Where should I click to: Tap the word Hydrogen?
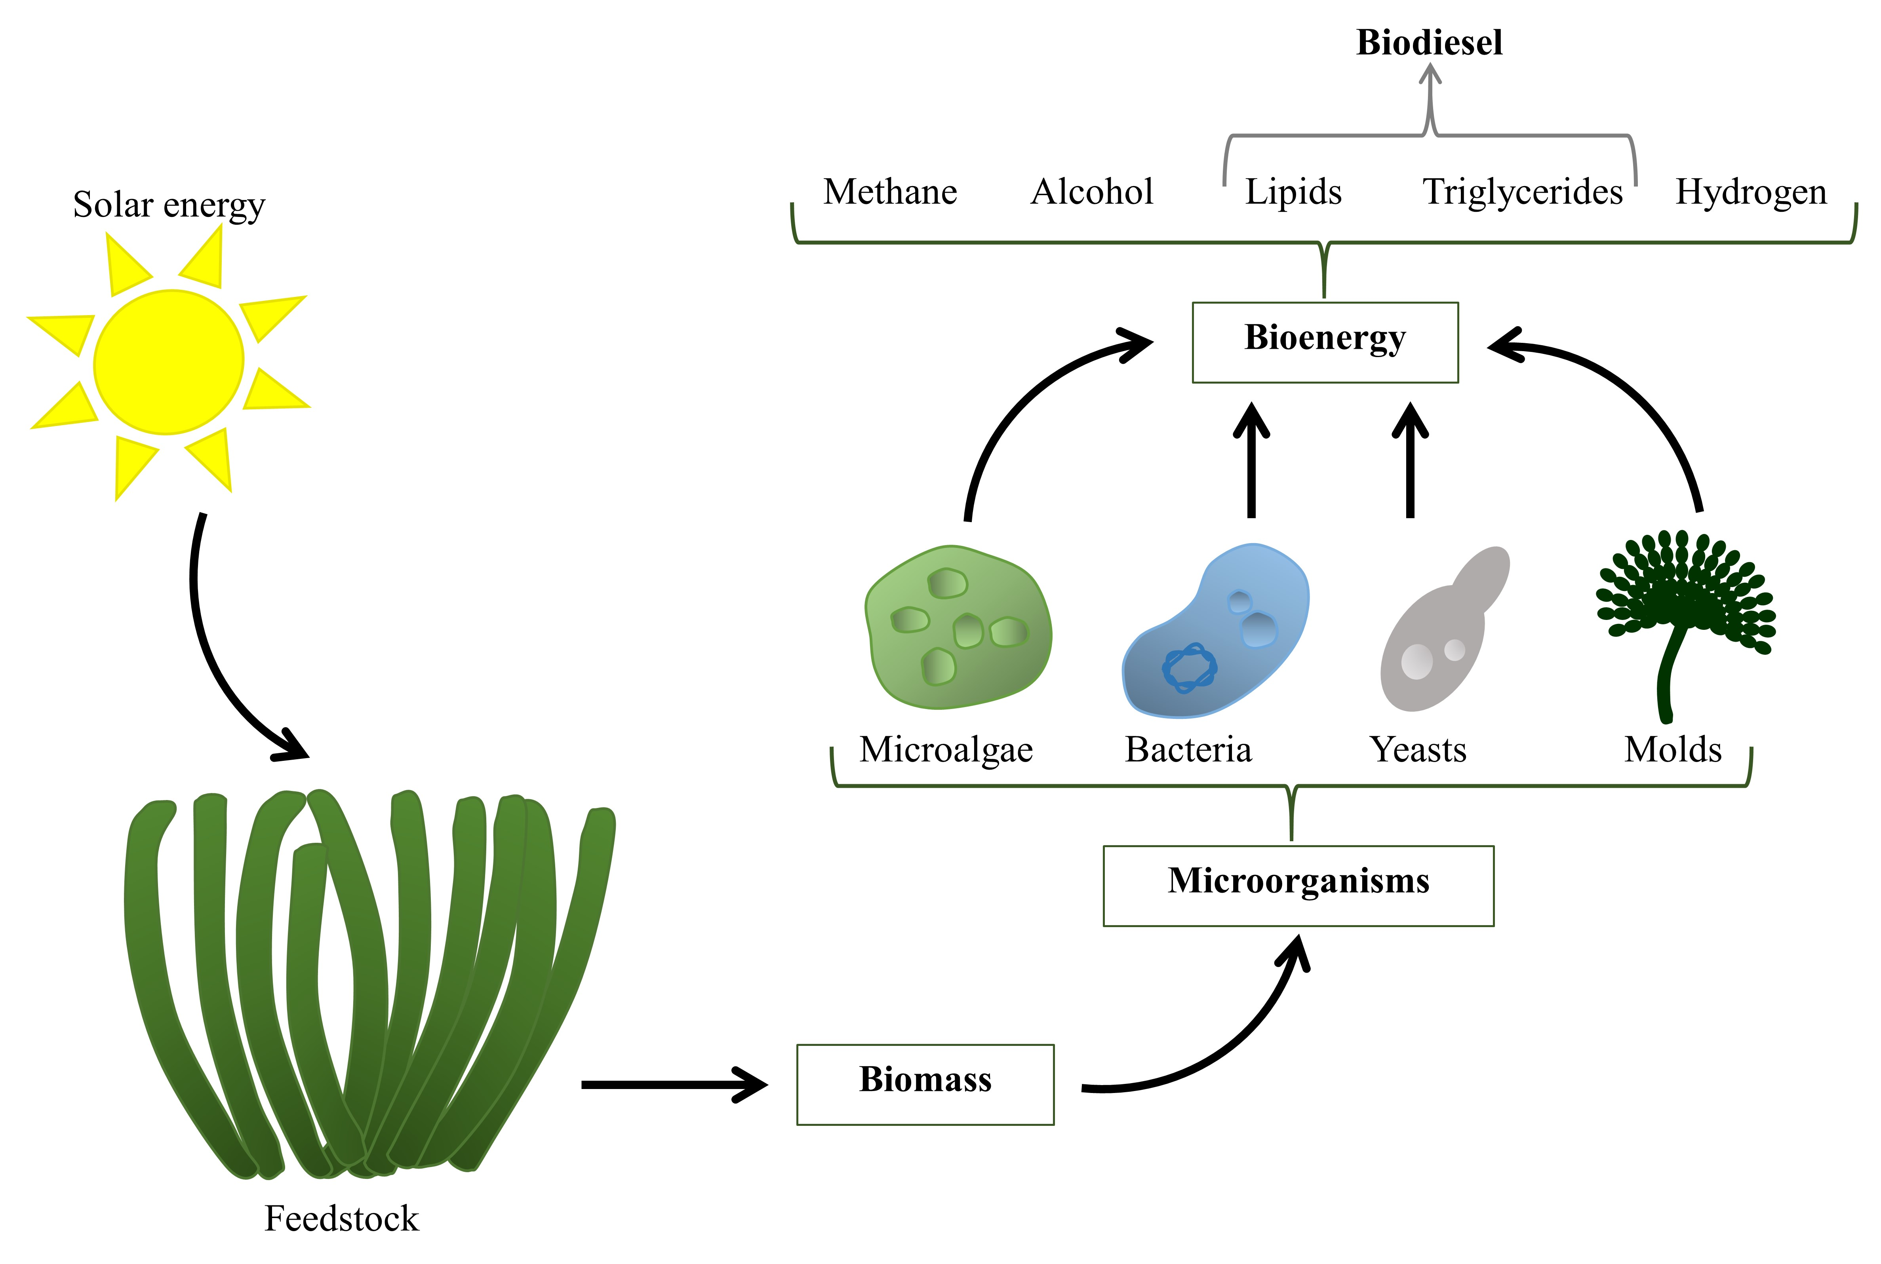pyautogui.click(x=1750, y=192)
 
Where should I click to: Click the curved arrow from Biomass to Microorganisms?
pyautogui.click(x=1226, y=1048)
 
